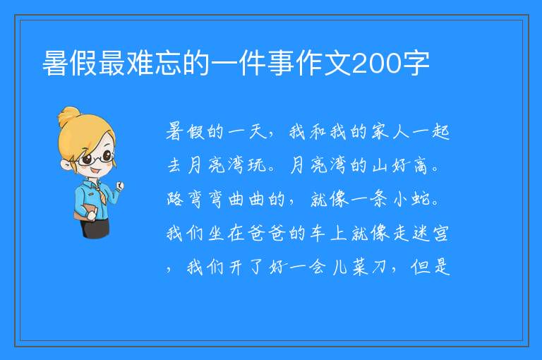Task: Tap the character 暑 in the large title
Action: [55, 64]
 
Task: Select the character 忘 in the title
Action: [168, 64]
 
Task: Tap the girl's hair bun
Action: [68, 116]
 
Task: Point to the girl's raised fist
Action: [119, 186]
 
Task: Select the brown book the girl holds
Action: [83, 212]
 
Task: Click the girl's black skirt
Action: [95, 228]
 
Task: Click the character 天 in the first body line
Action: [257, 132]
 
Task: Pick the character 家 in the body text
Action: [380, 132]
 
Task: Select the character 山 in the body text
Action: [380, 165]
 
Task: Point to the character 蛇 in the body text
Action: [421, 199]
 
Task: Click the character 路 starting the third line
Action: [175, 199]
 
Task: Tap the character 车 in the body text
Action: [318, 233]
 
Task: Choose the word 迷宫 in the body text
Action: [430, 233]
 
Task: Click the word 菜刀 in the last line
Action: [369, 267]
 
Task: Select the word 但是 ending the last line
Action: [430, 267]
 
